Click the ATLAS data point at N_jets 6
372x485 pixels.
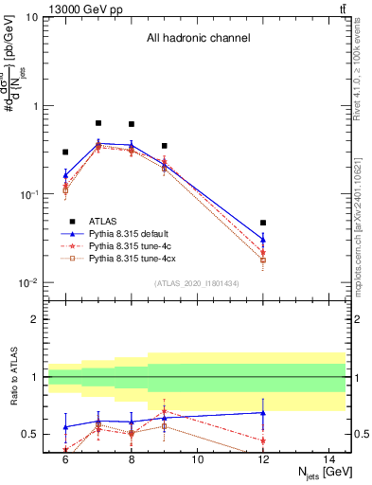tap(65, 152)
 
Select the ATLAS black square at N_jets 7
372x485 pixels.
tap(98, 123)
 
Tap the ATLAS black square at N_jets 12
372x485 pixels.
tap(263, 223)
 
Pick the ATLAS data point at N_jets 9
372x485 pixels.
tap(164, 146)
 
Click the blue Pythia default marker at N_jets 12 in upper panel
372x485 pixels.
tap(263, 239)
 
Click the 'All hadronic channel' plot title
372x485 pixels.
tap(198, 39)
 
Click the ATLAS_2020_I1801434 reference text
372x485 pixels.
tap(198, 283)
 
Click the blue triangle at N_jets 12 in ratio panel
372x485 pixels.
tap(263, 412)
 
